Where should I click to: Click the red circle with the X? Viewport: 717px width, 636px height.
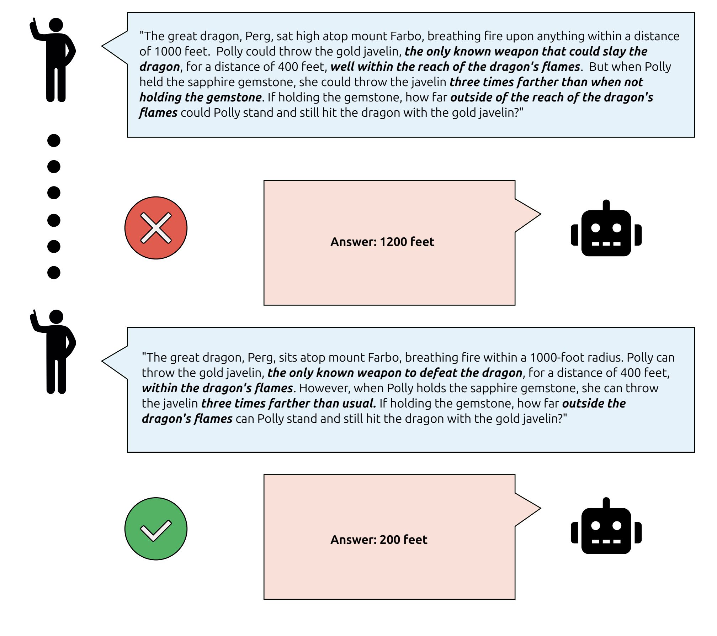pos(156,228)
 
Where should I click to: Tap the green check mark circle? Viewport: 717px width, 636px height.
pos(156,529)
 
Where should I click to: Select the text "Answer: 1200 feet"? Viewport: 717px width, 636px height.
pos(382,242)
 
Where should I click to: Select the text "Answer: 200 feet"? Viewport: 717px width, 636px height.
pos(379,540)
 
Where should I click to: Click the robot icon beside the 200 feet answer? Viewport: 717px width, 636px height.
pos(606,527)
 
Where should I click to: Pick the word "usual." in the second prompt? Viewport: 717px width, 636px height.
pos(359,403)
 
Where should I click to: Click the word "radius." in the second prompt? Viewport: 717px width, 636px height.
pos(605,357)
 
